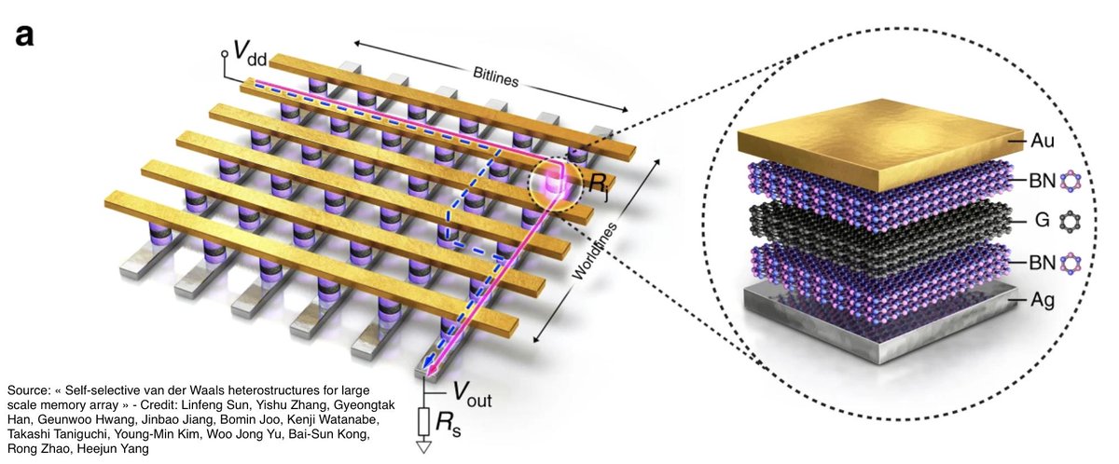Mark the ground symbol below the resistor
click(x=424, y=448)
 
